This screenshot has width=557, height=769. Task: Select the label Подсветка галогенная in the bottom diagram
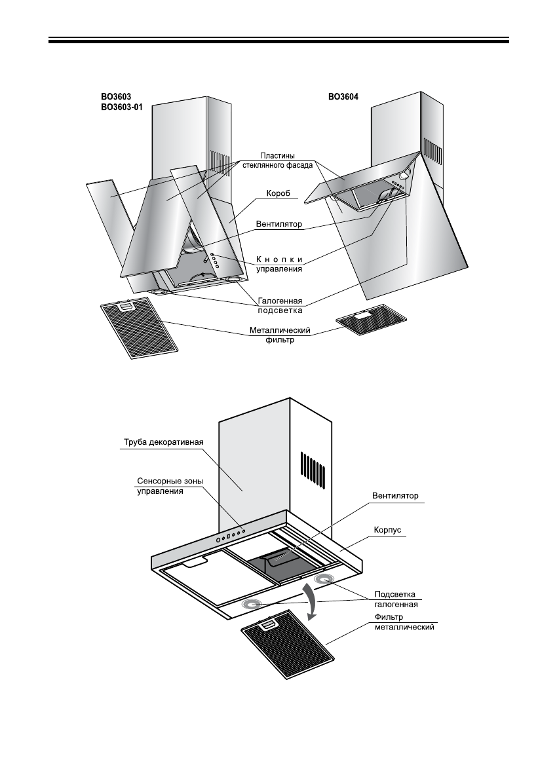coord(396,599)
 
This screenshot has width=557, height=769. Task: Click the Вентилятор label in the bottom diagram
coord(394,495)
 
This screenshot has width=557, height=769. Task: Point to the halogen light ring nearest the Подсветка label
coord(324,580)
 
